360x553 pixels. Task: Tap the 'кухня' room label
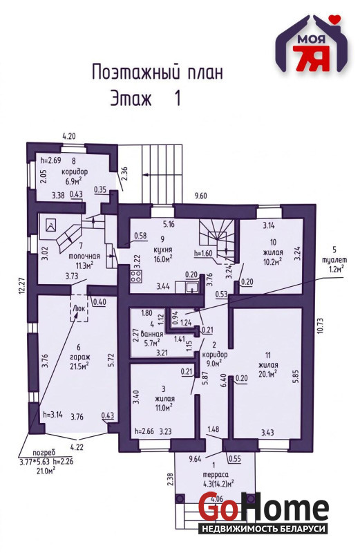[x=162, y=250]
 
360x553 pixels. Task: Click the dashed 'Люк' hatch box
[x=79, y=308]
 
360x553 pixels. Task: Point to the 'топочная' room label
[x=84, y=256]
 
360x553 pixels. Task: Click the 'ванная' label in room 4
[x=151, y=334]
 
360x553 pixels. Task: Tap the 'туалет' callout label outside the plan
[x=334, y=260]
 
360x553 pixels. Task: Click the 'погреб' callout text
[x=42, y=453]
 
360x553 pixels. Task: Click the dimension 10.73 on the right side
[x=320, y=325]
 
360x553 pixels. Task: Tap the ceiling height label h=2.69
[x=50, y=160]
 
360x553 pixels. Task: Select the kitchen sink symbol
[x=192, y=287]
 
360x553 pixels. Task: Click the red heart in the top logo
[x=337, y=18]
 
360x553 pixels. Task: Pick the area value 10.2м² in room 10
[x=272, y=261]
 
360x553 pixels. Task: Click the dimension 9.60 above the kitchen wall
[x=201, y=196]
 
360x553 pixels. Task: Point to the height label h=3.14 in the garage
[x=53, y=415]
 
